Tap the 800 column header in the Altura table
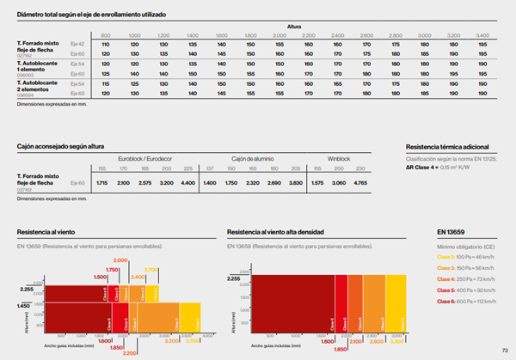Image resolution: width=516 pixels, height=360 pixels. [106, 34]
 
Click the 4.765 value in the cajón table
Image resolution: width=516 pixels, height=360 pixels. [384, 183]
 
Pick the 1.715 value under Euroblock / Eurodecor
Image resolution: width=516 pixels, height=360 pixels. [101, 183]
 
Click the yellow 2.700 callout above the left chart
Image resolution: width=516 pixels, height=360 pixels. [150, 270]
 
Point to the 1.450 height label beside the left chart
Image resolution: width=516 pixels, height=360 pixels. [23, 306]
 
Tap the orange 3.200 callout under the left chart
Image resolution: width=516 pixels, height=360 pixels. [170, 341]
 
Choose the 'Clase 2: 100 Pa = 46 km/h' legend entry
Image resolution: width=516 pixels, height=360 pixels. [464, 257]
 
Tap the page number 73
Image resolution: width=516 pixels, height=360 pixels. [505, 350]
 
